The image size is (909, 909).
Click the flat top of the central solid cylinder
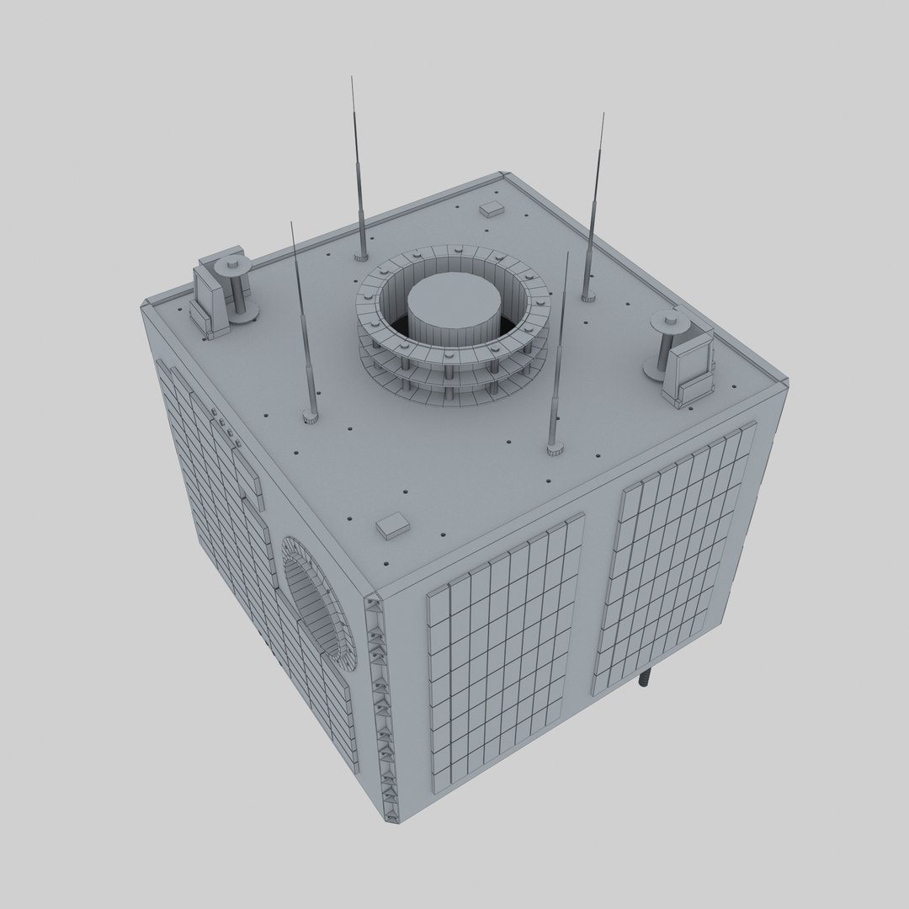click(454, 295)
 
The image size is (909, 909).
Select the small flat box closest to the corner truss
click(392, 526)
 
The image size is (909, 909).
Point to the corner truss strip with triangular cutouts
click(381, 707)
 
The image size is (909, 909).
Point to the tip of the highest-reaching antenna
click(352, 78)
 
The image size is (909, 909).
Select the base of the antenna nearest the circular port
click(311, 415)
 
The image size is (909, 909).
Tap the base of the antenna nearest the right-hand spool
click(588, 295)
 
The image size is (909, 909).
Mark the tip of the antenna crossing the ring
click(567, 253)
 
